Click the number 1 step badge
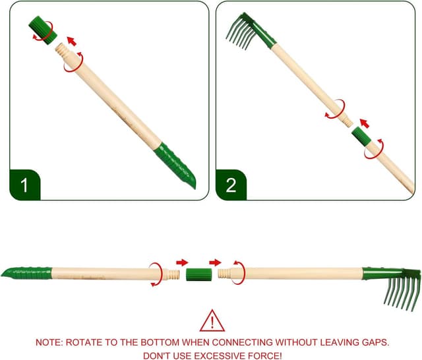tap(24, 185)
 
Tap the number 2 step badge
tap(231, 185)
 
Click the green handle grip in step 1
tap(176, 165)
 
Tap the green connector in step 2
tap(361, 138)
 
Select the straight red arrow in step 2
tap(364, 123)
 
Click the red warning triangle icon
tap(211, 321)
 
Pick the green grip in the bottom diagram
tap(26, 272)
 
